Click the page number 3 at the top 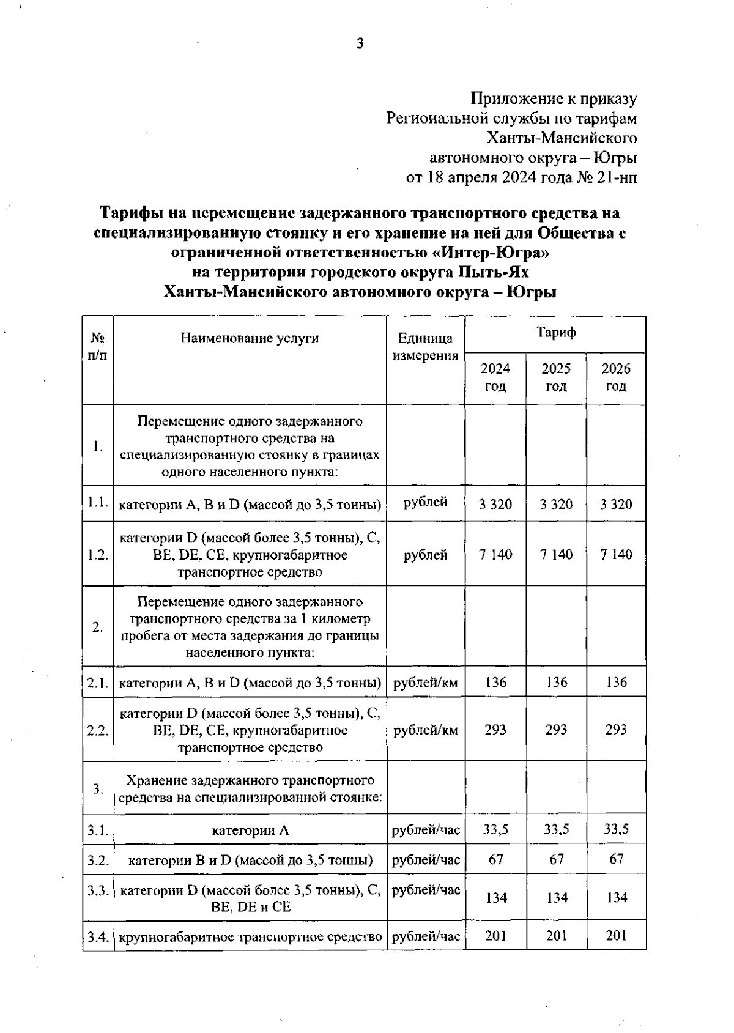360,43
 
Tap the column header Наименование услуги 250,338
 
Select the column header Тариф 555,333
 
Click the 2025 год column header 556,377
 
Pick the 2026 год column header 616,377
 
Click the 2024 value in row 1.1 495,505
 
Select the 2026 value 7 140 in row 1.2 616,555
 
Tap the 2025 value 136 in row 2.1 557,682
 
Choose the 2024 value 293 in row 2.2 495,730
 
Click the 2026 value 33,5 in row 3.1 616,829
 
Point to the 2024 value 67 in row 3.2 495,859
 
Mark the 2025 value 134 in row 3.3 557,898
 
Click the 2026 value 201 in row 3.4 617,936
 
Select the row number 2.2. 98,730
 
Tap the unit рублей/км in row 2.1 426,683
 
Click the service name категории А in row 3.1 250,831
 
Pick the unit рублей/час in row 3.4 426,936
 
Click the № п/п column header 98,347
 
